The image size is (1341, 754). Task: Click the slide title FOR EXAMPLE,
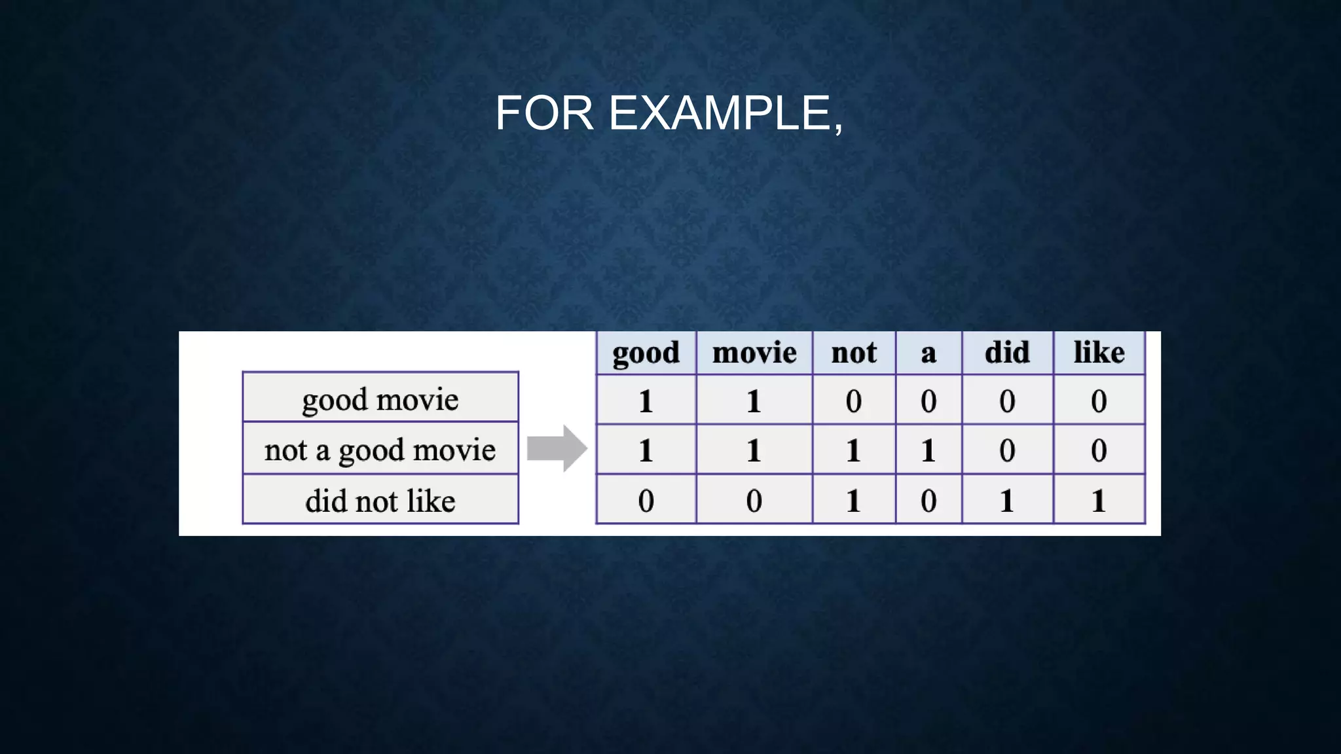click(x=669, y=113)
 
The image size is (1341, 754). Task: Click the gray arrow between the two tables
click(x=556, y=448)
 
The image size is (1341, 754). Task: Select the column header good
click(x=646, y=353)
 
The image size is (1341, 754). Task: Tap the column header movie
click(x=754, y=353)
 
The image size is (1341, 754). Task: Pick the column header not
click(x=854, y=353)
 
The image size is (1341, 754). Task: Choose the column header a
click(x=928, y=353)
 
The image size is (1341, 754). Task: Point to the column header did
click(x=1007, y=353)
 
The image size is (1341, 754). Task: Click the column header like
click(x=1099, y=353)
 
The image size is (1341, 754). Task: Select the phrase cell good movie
click(x=380, y=399)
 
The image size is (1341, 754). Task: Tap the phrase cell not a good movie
click(x=380, y=450)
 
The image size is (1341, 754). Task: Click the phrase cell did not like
click(x=380, y=501)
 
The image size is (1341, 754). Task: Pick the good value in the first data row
click(x=646, y=401)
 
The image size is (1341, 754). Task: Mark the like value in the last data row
click(x=1099, y=501)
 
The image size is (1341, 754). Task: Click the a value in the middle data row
click(x=928, y=450)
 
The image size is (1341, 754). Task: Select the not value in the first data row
click(x=854, y=401)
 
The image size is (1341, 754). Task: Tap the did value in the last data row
click(x=1007, y=501)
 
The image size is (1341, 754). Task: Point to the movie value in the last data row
click(x=754, y=501)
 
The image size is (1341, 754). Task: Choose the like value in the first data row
click(x=1099, y=401)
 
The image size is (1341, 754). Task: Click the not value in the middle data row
click(x=854, y=450)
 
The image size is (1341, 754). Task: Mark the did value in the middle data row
click(x=1007, y=450)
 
